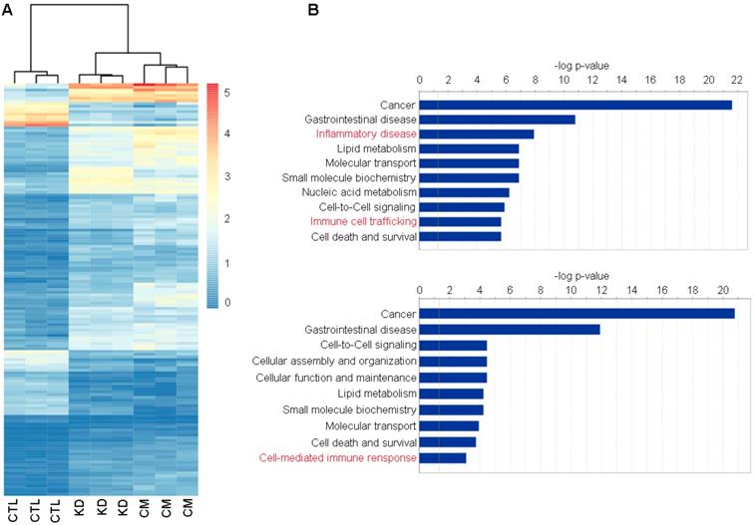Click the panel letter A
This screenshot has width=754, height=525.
click(7, 9)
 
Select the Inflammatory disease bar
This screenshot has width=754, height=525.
click(477, 133)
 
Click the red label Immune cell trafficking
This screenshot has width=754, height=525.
click(362, 221)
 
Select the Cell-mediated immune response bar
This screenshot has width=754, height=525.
click(442, 457)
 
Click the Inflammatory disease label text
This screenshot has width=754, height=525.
click(366, 133)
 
